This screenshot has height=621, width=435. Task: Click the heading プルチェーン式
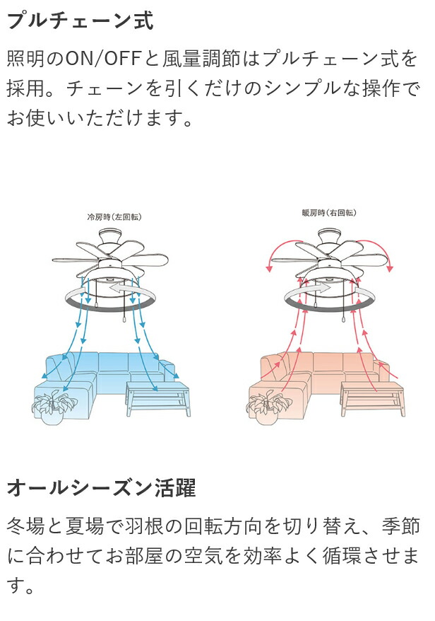pos(80,21)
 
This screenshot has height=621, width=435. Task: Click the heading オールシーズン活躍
pos(101,487)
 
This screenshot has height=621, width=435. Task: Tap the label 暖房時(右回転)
pos(328,213)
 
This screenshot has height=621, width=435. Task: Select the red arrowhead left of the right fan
pos(269,268)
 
